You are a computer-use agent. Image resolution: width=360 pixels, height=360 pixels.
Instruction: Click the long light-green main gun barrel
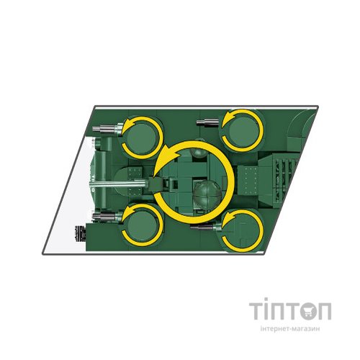coord(118,184)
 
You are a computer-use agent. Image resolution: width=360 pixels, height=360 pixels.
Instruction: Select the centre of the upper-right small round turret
coord(243,131)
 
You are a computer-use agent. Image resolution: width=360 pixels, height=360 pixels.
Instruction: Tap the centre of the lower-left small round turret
coord(142,225)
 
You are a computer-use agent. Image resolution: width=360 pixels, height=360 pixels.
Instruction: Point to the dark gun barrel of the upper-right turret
coord(207,122)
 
